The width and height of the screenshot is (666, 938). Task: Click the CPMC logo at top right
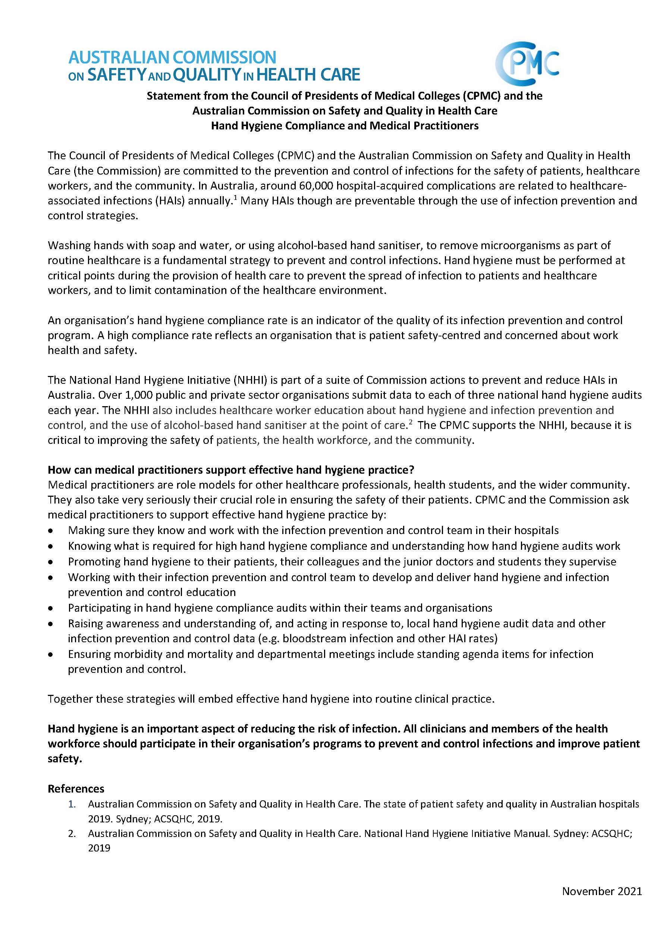click(527, 63)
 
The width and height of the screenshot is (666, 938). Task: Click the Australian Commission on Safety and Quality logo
click(214, 66)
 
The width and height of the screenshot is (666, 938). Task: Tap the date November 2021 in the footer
click(601, 891)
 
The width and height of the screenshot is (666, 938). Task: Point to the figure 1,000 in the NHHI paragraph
click(131, 395)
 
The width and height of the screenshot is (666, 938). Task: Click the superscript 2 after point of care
click(410, 422)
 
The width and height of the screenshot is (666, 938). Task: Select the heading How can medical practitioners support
click(231, 470)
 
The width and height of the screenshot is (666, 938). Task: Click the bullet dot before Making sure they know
click(50, 531)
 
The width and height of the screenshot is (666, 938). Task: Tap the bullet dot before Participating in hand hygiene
click(50, 608)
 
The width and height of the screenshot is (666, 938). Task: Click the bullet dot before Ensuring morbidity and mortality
click(50, 655)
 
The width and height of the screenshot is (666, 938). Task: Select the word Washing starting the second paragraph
click(69, 246)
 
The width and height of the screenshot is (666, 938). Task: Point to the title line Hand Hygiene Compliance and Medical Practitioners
click(345, 126)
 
